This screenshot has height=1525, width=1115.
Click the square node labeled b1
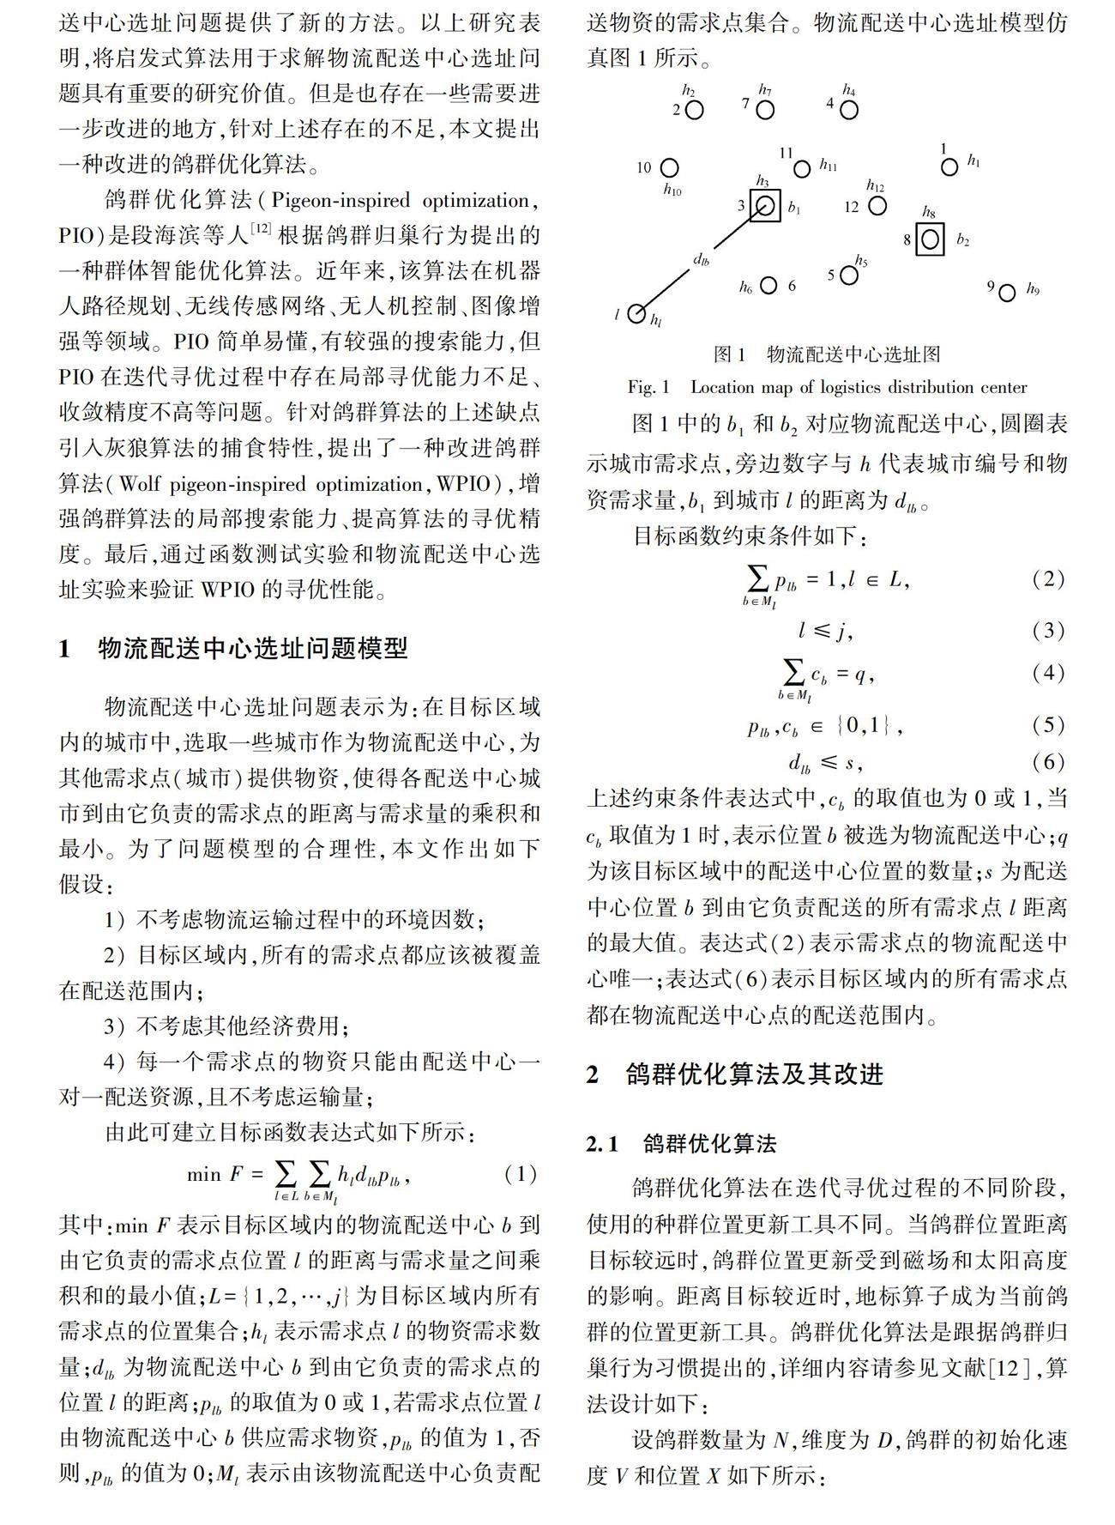[x=764, y=206]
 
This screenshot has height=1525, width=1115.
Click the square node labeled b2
[x=930, y=239]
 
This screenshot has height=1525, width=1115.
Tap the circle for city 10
[x=669, y=167]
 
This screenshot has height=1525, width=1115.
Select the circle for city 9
[x=1007, y=293]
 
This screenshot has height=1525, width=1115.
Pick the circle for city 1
[x=949, y=166]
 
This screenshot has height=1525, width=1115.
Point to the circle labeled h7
[x=765, y=110]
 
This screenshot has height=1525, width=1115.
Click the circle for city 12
[x=877, y=206]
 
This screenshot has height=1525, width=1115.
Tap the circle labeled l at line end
[x=636, y=314]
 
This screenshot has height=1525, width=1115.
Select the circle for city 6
[x=768, y=285]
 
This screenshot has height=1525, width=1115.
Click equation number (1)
[x=520, y=1174]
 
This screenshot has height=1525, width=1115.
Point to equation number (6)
[x=1048, y=762]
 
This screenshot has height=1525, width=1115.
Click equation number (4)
[x=1048, y=672]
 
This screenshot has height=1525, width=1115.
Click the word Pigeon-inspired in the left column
[x=341, y=201]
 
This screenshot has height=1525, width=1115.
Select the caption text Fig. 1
[x=648, y=387]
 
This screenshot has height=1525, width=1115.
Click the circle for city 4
[x=848, y=110]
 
